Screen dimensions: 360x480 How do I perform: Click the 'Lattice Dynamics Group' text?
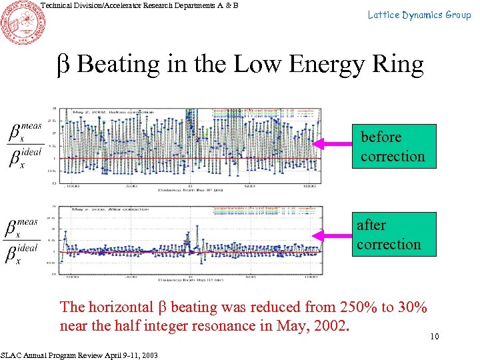coord(419,15)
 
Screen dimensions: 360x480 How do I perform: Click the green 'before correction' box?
coord(393,147)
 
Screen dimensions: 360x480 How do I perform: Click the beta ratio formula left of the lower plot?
coord(25,239)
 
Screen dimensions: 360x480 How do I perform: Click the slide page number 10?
coord(434,337)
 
